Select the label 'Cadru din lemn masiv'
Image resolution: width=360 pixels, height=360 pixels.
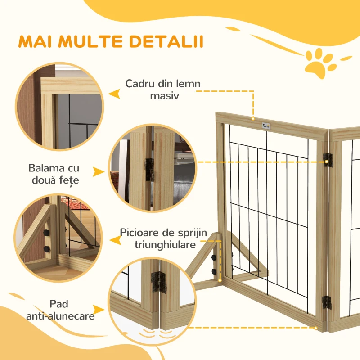pos(162,90)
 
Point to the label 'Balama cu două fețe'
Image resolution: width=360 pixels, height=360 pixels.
pos(54,175)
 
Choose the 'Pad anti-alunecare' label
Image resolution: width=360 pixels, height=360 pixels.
pos(60,310)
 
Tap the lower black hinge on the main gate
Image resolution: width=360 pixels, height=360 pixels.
pos(328,302)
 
